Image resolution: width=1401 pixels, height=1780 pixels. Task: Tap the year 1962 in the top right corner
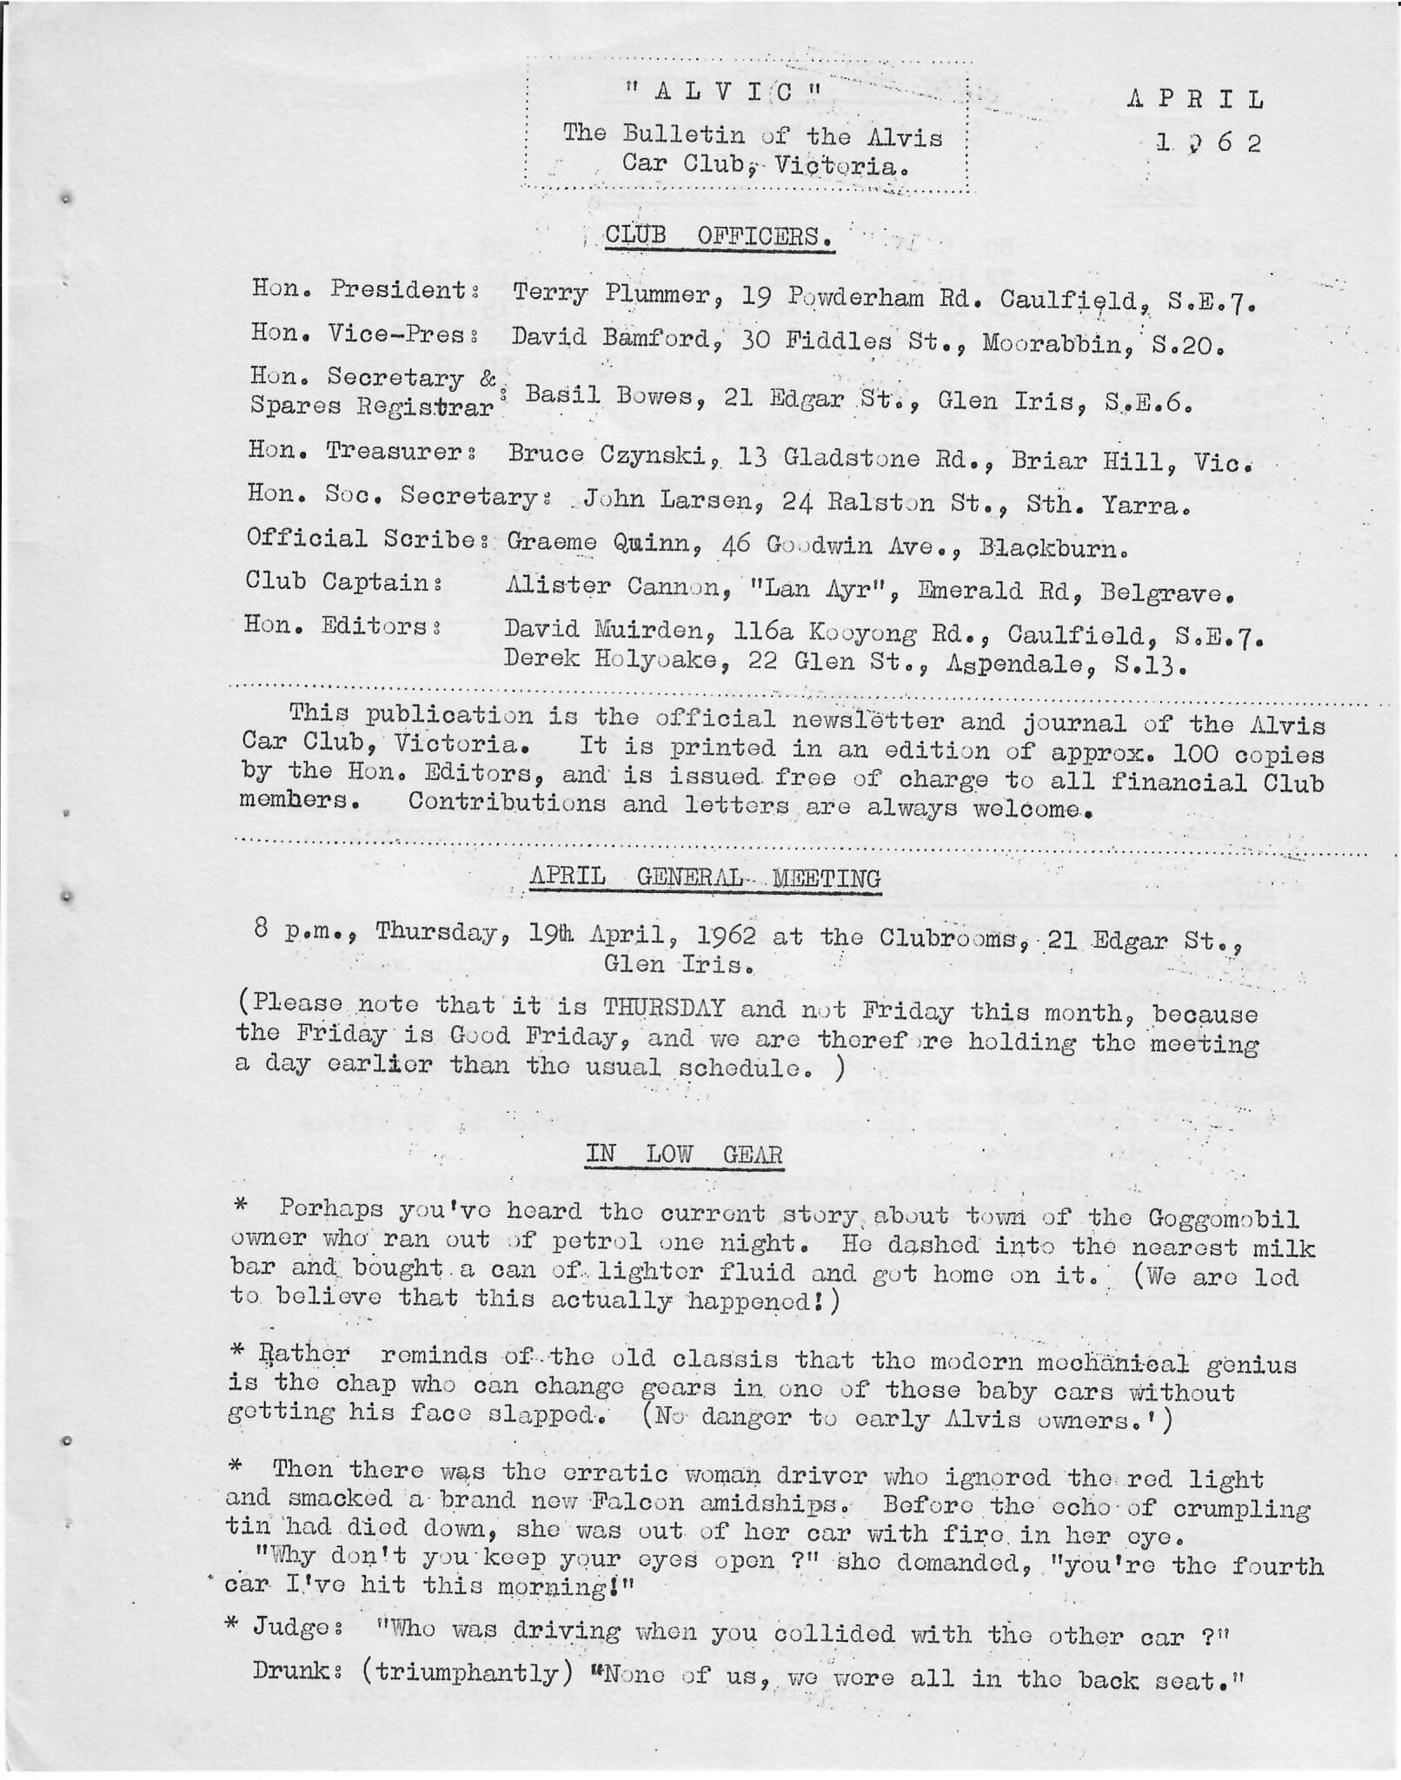point(1208,143)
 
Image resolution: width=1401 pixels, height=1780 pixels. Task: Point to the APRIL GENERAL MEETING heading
point(705,878)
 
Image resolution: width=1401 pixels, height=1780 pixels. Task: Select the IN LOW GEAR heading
point(684,1155)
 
